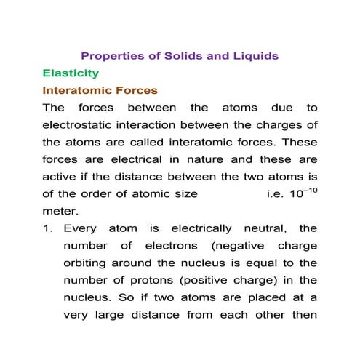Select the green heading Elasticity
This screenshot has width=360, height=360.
click(x=71, y=73)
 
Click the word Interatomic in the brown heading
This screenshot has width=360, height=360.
click(x=78, y=91)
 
